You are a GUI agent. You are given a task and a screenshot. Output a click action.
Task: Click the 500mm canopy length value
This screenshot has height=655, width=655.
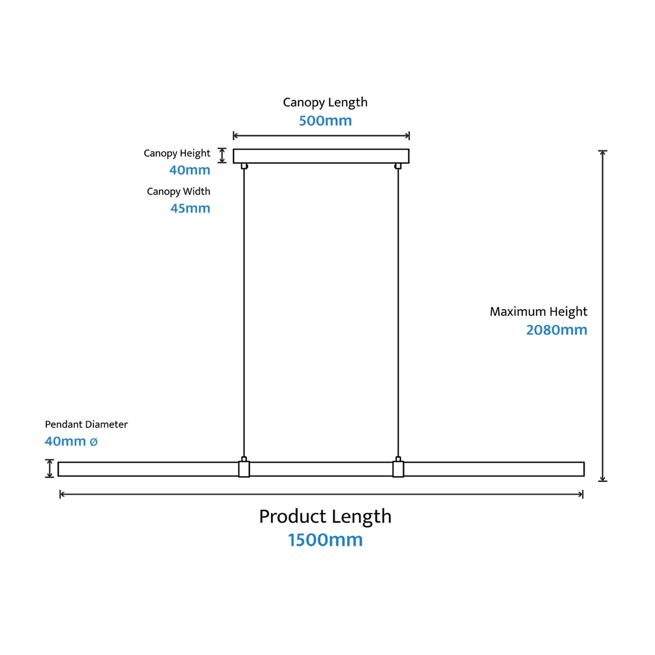[325, 121]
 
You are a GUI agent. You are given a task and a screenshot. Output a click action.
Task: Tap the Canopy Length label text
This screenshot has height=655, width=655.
[325, 102]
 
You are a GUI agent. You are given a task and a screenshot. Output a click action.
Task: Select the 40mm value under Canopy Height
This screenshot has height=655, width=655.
[189, 170]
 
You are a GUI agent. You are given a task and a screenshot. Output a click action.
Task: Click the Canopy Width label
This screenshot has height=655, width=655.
[179, 192]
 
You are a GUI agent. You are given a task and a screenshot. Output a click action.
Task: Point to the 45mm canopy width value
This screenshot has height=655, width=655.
[190, 208]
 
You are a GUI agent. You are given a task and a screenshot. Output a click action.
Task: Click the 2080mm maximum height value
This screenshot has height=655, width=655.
[557, 330]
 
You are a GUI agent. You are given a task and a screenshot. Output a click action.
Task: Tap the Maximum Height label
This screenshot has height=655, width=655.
[539, 312]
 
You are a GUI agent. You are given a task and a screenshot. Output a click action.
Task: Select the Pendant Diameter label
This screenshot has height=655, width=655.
[86, 425]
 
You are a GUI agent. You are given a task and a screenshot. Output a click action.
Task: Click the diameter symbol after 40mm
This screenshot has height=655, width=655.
[93, 442]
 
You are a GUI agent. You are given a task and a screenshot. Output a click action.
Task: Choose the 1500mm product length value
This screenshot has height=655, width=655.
[325, 540]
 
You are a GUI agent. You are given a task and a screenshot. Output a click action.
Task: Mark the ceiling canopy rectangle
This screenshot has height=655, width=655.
[321, 156]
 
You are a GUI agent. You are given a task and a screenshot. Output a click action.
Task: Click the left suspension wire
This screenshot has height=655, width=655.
[244, 313]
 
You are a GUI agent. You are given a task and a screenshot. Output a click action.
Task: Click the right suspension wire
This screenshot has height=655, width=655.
[398, 313]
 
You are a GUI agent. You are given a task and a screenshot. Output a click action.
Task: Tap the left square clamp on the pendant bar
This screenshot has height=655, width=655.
[244, 469]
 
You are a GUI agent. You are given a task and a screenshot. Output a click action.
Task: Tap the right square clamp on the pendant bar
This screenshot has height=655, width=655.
[398, 469]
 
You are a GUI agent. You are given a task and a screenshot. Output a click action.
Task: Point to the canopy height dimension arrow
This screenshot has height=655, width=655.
[222, 155]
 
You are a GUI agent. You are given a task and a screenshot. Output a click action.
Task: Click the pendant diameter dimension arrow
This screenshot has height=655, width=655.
[49, 468]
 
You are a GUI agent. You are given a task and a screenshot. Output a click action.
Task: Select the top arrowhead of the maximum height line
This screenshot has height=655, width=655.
[603, 153]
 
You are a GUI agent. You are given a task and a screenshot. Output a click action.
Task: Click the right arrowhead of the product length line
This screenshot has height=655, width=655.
[581, 494]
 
